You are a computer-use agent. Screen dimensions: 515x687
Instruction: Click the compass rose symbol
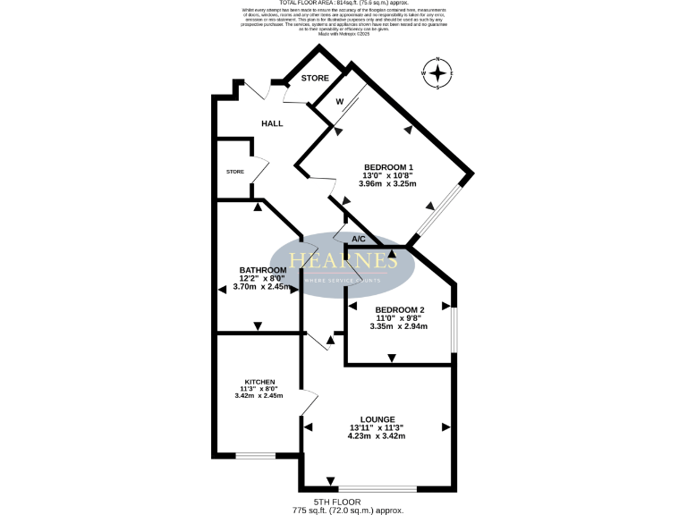(x=437, y=73)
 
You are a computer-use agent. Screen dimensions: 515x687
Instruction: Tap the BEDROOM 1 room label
(x=388, y=167)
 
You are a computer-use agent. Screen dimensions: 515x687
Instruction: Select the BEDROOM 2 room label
(x=399, y=309)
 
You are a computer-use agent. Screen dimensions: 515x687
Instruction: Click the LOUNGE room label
(x=377, y=418)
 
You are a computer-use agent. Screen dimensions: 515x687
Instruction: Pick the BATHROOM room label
(x=263, y=270)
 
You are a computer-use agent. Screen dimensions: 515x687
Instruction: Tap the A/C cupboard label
(x=359, y=240)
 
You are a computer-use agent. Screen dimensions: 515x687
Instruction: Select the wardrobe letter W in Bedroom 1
(x=340, y=102)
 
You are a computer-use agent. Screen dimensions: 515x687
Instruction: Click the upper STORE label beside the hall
(x=315, y=79)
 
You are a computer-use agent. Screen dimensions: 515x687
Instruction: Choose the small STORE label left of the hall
(x=235, y=172)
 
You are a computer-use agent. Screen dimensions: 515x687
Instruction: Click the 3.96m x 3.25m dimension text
(x=388, y=184)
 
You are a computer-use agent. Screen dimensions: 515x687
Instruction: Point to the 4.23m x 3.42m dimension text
(x=377, y=436)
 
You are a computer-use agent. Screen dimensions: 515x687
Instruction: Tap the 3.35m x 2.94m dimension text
(x=399, y=326)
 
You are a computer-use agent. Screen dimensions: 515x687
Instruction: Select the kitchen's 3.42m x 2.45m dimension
(x=259, y=395)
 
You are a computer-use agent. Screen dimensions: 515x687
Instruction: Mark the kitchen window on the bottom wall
(x=255, y=456)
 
